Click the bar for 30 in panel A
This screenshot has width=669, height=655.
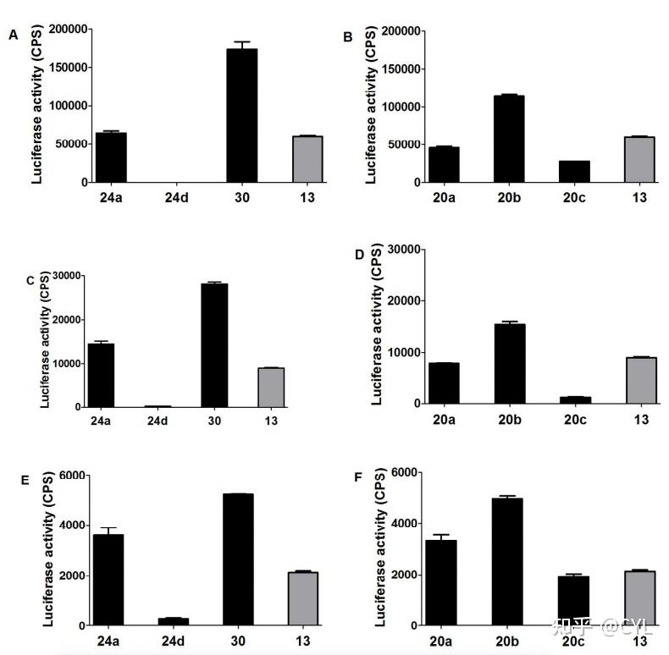[242, 116]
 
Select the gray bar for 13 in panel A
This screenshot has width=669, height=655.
[307, 159]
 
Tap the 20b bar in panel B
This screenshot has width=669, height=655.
[509, 139]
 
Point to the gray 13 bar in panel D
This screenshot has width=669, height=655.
[640, 381]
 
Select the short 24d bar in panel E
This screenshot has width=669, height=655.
[174, 622]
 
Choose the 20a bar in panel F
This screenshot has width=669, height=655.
[443, 582]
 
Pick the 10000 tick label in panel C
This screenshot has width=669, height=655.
[65, 363]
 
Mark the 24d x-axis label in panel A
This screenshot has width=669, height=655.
[175, 198]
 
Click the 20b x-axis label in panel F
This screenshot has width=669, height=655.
[509, 641]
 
